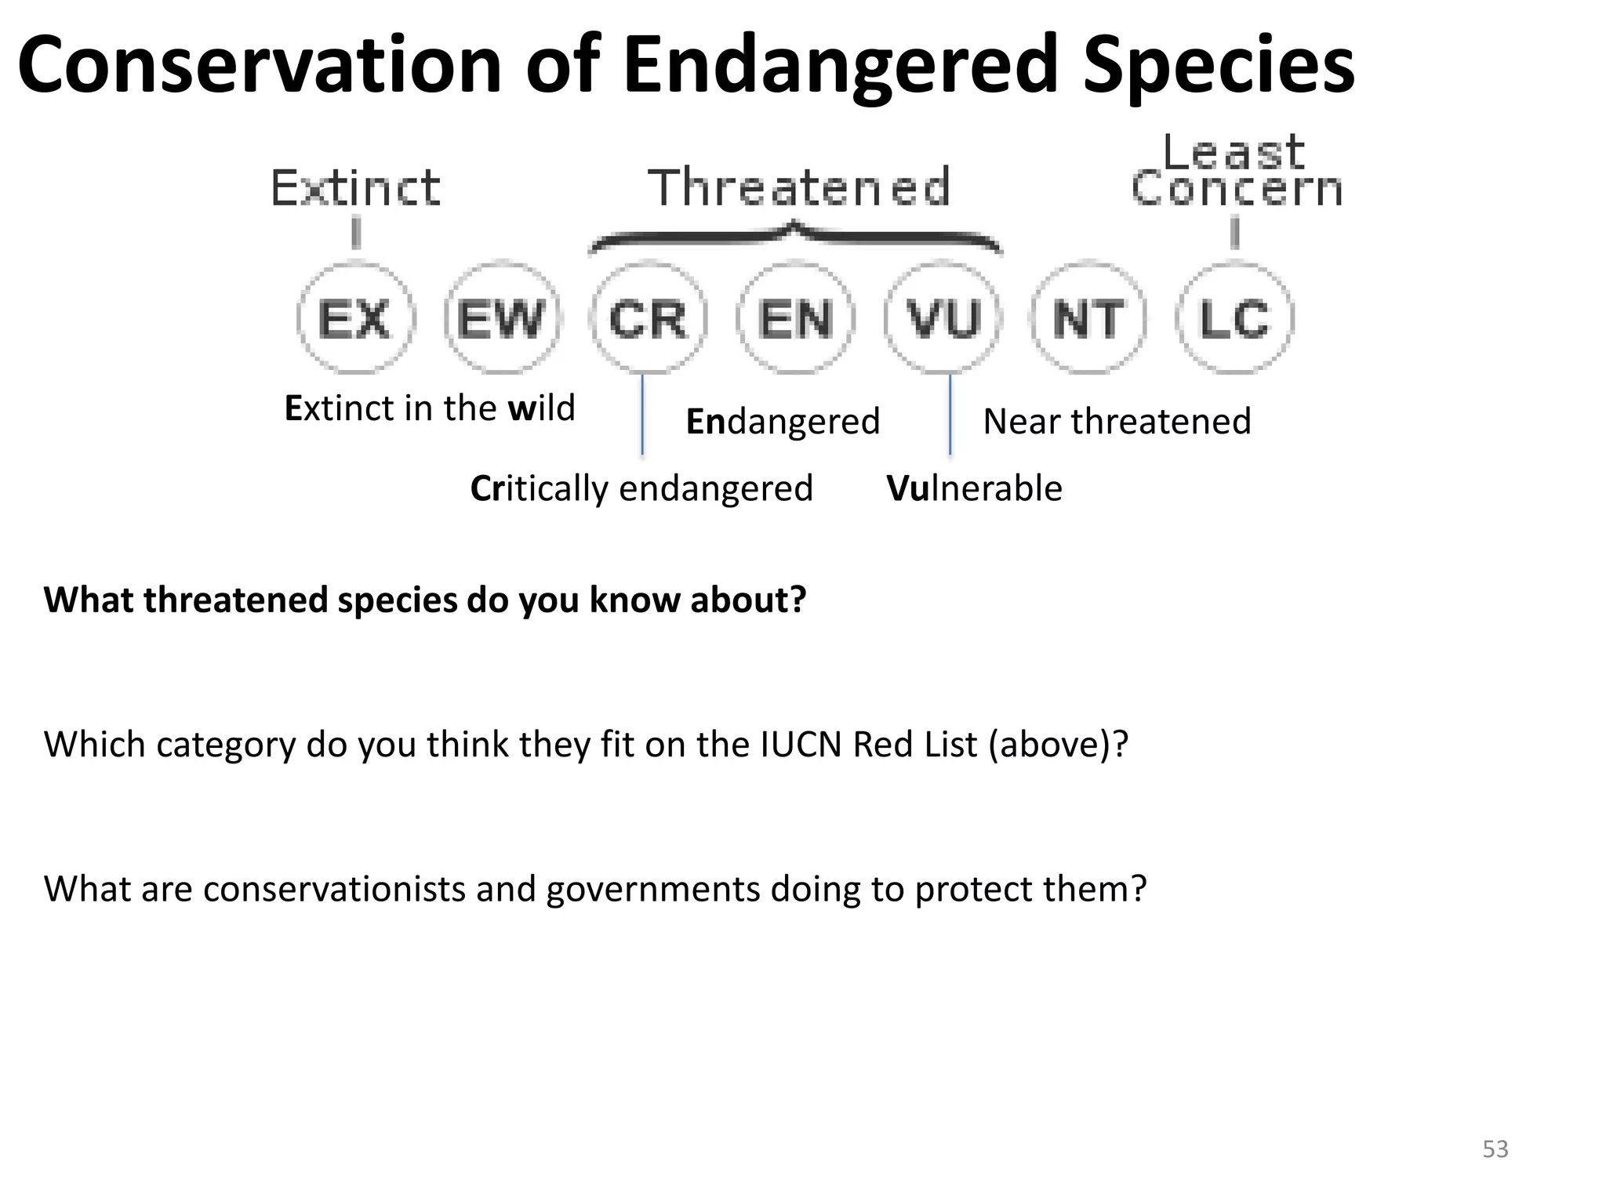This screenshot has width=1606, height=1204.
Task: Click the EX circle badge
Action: [355, 318]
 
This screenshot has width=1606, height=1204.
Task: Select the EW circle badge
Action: [502, 318]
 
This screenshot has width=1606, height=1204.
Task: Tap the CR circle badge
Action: [648, 318]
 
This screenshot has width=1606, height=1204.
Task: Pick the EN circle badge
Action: [795, 318]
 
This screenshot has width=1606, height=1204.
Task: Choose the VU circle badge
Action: [943, 318]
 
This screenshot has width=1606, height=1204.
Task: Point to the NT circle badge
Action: [1088, 318]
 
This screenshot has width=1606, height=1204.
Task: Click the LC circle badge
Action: [1235, 318]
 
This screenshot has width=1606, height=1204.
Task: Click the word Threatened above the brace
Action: [799, 188]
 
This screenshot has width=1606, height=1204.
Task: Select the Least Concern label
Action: [1236, 171]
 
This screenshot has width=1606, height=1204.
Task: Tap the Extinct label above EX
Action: [355, 188]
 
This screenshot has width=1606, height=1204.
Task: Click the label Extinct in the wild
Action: [429, 408]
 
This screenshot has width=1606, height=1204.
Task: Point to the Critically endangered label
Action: [641, 488]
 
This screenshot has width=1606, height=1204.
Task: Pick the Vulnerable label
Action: [974, 488]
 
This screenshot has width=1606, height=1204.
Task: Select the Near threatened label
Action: [1117, 422]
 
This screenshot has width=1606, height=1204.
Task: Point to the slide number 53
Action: [1495, 1149]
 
